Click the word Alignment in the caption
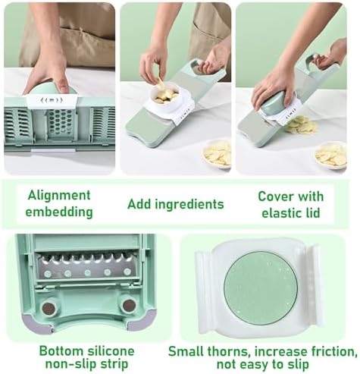[59, 196]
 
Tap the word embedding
[59, 212]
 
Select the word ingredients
[189, 204]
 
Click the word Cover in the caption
[274, 196]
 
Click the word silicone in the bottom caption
[111, 351]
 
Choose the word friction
[332, 352]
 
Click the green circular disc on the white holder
[261, 288]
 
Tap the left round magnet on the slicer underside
[49, 308]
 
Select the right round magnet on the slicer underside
[129, 306]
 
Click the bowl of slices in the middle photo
[218, 153]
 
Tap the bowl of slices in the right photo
[330, 155]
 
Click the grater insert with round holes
[61, 123]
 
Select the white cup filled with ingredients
[165, 97]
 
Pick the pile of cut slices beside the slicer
[302, 125]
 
